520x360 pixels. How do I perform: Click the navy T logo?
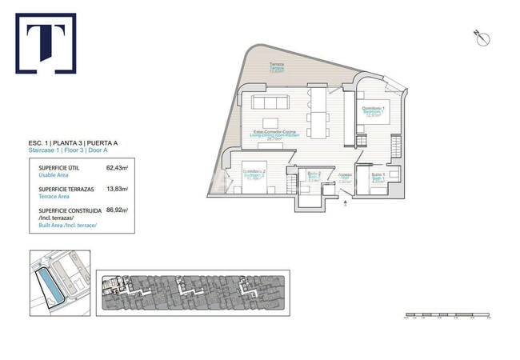pos(46,43)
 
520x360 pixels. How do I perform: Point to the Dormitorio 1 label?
pos(374,110)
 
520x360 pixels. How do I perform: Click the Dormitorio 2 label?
pos(254,174)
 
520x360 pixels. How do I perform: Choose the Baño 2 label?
pos(314,175)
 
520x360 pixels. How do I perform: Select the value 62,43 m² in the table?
pos(117,169)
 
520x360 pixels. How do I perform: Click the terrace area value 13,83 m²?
pos(117,190)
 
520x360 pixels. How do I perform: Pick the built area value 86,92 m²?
pos(117,210)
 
